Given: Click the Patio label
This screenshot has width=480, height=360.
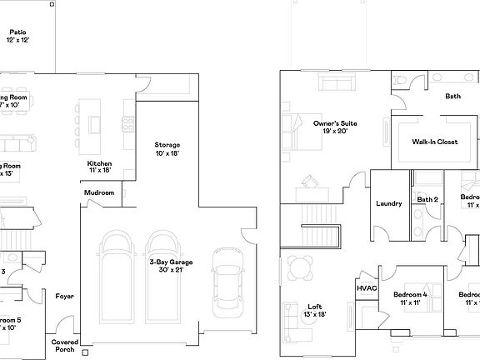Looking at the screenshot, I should click(17, 35).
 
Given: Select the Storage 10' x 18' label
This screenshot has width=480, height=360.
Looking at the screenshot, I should click(167, 149).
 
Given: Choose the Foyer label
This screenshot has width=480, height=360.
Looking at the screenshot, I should click(64, 297).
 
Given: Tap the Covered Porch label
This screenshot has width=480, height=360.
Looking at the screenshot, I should click(65, 346).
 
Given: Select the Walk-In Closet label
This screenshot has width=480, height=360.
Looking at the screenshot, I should click(434, 142).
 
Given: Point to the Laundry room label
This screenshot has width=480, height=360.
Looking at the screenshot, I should click(389, 203).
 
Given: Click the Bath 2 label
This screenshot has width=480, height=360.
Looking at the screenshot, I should click(427, 200).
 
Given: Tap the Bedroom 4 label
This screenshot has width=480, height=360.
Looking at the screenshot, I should click(410, 298).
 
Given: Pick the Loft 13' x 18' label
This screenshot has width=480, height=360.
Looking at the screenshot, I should click(314, 310).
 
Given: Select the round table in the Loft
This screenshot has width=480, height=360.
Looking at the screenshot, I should click(300, 266).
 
